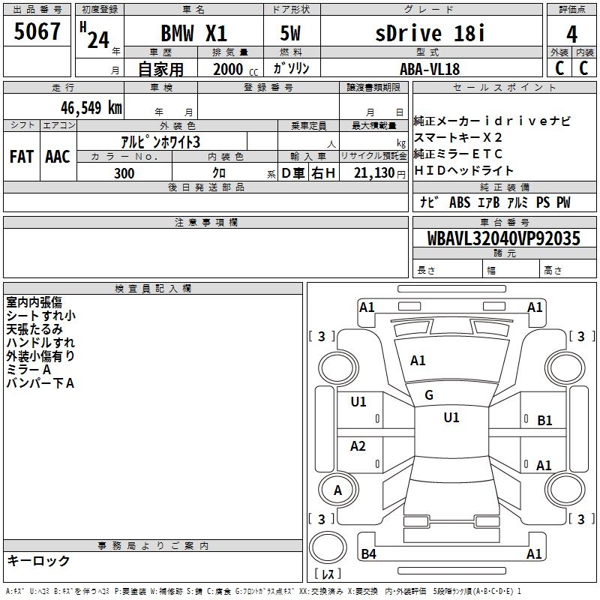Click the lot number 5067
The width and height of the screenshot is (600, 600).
click(x=37, y=31)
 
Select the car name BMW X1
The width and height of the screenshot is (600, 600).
click(x=193, y=33)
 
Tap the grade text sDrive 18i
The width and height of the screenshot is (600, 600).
click(x=430, y=33)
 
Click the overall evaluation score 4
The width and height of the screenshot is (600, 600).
click(x=571, y=34)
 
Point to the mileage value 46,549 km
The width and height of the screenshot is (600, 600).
click(x=91, y=108)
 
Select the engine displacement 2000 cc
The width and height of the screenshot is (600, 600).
click(x=235, y=69)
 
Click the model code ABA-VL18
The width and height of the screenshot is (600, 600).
click(x=430, y=69)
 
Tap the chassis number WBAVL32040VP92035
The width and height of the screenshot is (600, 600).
click(x=503, y=238)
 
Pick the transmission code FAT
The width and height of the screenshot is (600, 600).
click(x=22, y=157)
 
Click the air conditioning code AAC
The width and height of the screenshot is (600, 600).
click(x=58, y=157)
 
